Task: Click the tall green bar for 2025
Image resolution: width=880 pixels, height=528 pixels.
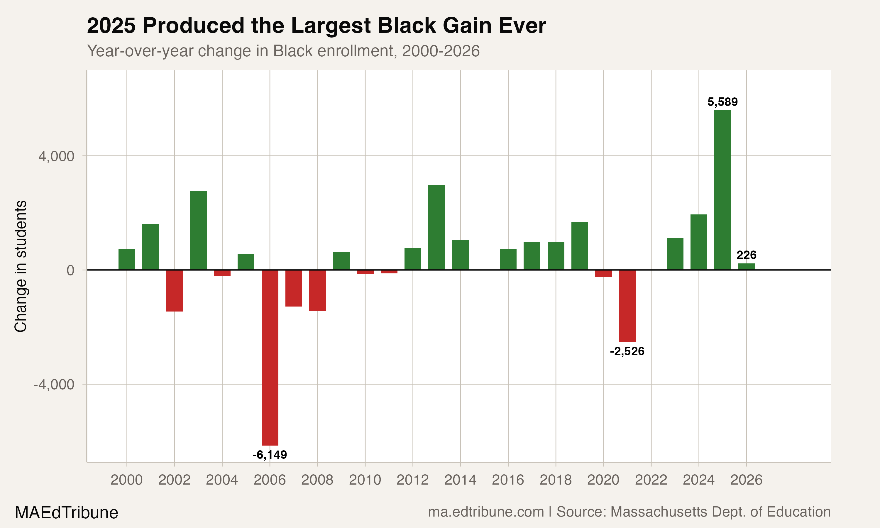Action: point(722,190)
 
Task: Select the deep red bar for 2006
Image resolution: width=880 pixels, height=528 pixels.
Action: point(270,357)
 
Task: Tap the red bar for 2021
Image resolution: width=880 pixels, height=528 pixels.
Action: point(627,306)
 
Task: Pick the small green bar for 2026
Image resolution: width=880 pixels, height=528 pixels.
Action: point(746,266)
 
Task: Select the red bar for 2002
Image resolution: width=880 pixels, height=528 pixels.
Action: point(174,290)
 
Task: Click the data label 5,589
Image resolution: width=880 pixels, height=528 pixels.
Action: point(722,102)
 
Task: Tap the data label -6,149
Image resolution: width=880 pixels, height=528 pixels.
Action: point(270,455)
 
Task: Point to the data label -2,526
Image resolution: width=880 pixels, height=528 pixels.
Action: point(627,351)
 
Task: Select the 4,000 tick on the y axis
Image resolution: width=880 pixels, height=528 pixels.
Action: point(56,156)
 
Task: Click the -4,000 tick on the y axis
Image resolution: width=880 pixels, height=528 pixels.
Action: point(54,385)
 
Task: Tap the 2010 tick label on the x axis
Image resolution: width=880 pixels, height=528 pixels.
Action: point(365,480)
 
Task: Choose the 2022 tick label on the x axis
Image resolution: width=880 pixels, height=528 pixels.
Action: point(651,480)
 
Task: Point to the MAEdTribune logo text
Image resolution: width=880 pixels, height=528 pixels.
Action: point(66,512)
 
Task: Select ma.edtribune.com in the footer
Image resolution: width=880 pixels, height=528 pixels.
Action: point(486,512)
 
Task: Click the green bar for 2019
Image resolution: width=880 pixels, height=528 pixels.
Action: point(579,246)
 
